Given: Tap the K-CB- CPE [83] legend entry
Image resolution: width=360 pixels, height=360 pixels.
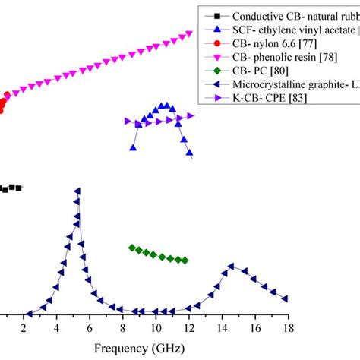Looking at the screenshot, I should click(270, 97).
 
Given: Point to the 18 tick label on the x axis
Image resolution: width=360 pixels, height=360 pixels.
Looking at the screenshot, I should click(288, 327).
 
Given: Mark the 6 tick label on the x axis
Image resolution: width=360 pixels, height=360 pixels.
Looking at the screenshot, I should click(90, 327).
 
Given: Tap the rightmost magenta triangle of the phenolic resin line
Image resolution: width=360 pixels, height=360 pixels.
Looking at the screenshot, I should click(190, 35).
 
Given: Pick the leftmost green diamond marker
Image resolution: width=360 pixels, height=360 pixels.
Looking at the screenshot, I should click(132, 248).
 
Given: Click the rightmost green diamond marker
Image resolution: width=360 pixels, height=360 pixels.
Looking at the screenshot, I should click(185, 261).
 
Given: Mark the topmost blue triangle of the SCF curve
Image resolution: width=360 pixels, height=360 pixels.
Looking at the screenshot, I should click(162, 106).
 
